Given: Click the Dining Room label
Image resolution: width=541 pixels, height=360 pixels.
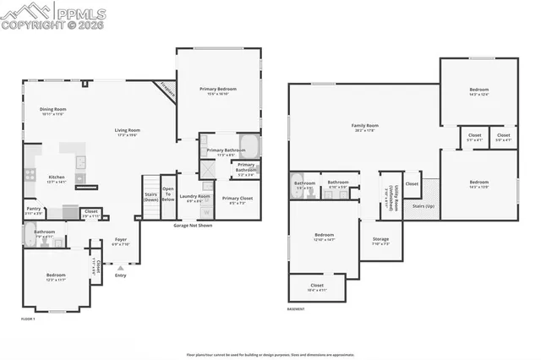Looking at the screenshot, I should tap(53, 110).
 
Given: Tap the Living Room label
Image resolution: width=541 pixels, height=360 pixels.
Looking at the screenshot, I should tap(128, 130).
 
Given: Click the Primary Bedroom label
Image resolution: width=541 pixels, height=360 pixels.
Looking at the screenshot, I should tap(218, 90).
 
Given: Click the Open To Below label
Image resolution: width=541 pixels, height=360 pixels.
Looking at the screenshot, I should tap(168, 194).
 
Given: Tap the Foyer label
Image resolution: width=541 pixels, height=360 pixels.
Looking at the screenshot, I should tap(122, 241).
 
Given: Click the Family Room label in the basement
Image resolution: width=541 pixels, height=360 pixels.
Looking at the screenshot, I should tap(365, 127).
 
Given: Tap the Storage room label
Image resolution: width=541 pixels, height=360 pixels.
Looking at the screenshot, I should tap(380, 241).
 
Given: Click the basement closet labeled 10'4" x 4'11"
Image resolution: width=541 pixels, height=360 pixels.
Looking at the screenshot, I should tap(317, 286).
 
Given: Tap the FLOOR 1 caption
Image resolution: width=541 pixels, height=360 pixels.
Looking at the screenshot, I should tap(29, 319).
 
